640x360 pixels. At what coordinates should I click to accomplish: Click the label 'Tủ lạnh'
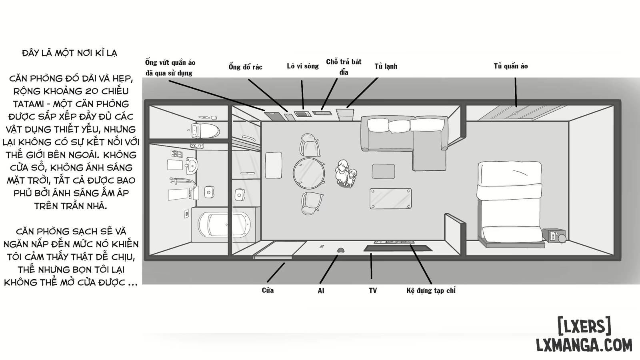click(386, 66)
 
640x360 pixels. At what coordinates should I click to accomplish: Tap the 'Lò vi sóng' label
click(302, 66)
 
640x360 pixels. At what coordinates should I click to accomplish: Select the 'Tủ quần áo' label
click(510, 66)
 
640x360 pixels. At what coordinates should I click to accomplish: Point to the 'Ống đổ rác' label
click(245, 67)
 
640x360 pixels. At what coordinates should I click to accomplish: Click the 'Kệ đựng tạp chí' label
click(431, 290)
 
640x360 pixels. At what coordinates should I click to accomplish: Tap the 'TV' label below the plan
click(372, 290)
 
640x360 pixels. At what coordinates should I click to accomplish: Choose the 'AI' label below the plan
click(321, 291)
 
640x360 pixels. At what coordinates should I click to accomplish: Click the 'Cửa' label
click(268, 290)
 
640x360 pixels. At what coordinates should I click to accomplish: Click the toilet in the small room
click(206, 131)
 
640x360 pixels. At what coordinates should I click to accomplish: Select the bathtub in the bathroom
click(224, 224)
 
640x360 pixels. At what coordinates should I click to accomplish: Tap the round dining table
click(308, 173)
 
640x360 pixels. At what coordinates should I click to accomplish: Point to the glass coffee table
click(390, 198)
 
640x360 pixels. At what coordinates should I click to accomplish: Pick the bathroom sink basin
click(192, 165)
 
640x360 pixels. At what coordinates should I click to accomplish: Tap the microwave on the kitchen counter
click(302, 114)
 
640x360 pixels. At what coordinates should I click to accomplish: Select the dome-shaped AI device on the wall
click(340, 250)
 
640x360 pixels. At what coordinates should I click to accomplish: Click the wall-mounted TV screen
click(398, 248)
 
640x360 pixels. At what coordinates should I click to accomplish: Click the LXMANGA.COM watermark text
click(584, 345)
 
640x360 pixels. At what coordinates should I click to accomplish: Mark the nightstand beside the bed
click(554, 236)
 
